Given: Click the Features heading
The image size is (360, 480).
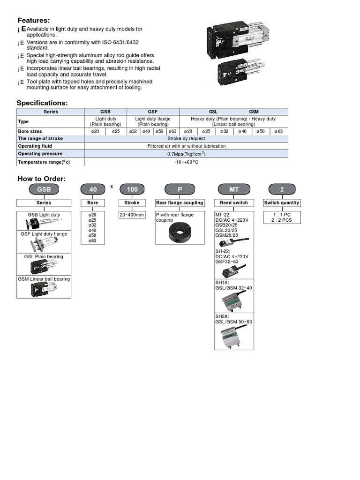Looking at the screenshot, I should pyautogui.click(x=33, y=20).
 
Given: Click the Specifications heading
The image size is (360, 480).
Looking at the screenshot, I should pyautogui.click(x=42, y=103).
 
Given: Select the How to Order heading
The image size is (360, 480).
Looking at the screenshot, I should pyautogui.click(x=41, y=179).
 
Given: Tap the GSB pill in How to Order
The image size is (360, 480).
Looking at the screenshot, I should pyautogui.click(x=44, y=189).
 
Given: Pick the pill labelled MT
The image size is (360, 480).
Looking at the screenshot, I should pyautogui.click(x=234, y=189).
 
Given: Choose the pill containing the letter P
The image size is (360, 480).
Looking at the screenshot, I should pyautogui.click(x=180, y=189).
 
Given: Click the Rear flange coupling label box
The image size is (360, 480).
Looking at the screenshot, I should pyautogui.click(x=180, y=203).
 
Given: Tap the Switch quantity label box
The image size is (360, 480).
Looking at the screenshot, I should pyautogui.click(x=281, y=203).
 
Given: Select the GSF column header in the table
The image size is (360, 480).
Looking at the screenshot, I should pyautogui.click(x=153, y=112).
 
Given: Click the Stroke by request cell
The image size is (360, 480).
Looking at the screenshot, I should pyautogui.click(x=186, y=139).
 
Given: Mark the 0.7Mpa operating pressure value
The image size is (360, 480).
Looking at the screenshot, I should pyautogui.click(x=186, y=154).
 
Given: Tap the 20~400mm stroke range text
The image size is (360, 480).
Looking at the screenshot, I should pyautogui.click(x=132, y=215).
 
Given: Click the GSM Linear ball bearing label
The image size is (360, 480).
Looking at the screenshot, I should pyautogui.click(x=44, y=279).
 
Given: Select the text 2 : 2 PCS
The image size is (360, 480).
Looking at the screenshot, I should pyautogui.click(x=282, y=219).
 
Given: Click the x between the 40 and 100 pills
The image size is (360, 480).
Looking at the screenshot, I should pyautogui.click(x=112, y=186).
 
